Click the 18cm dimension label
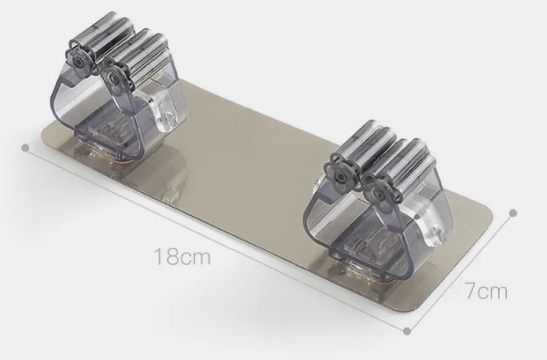point(182,257)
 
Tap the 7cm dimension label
point(486,291)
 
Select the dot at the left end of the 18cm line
point(25,147)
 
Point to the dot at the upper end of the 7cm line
point(513,213)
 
